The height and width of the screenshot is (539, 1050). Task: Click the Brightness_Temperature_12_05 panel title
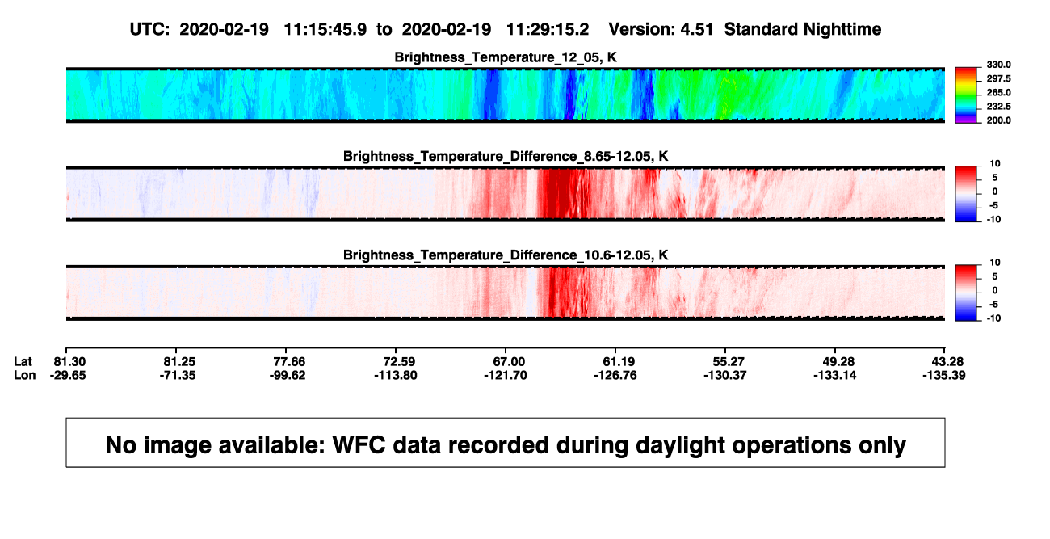click(x=506, y=57)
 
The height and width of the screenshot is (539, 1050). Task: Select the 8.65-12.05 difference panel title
click(x=506, y=156)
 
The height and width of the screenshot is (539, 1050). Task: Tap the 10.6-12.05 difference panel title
click(x=506, y=255)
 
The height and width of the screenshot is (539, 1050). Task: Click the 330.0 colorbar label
click(x=998, y=65)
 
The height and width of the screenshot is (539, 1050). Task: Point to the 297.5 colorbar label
click(x=998, y=78)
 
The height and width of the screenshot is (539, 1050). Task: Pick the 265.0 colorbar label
click(x=998, y=92)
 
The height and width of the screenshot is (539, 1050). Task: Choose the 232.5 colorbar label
click(x=998, y=107)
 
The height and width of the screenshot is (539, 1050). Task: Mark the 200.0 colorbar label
click(x=998, y=120)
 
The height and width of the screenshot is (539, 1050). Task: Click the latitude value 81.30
click(x=69, y=362)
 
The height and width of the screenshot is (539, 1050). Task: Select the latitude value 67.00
click(x=509, y=362)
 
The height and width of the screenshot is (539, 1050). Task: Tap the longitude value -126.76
click(x=615, y=375)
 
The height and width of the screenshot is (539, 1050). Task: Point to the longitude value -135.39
click(x=944, y=375)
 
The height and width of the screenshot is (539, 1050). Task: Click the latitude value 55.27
click(x=729, y=362)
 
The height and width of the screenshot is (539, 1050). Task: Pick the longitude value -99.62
click(x=288, y=375)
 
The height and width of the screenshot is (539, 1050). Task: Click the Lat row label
click(x=23, y=362)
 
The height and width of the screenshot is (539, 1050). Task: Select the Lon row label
click(x=25, y=375)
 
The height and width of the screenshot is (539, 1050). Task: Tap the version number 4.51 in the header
click(x=696, y=29)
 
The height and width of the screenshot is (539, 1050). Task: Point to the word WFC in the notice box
click(x=359, y=444)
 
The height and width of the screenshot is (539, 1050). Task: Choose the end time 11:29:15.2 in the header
click(x=548, y=29)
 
